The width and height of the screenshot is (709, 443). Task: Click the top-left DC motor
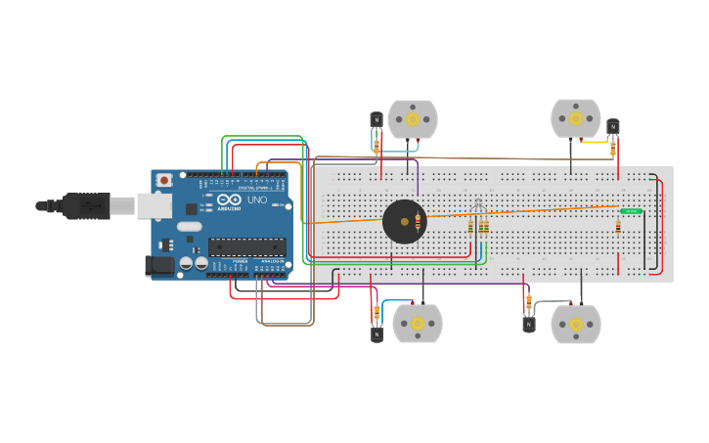[x=413, y=119]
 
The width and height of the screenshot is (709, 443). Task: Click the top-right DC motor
[x=575, y=118]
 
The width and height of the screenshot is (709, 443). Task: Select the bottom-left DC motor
[x=418, y=324]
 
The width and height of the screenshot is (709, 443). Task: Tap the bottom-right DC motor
[x=575, y=325]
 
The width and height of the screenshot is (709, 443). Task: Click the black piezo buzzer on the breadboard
[x=404, y=222]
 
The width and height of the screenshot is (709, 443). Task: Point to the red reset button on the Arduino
[x=164, y=180]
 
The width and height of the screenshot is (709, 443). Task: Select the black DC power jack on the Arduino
[x=159, y=265]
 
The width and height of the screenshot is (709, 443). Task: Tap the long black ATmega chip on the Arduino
[x=246, y=247]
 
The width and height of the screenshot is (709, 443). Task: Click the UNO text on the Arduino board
[x=256, y=199]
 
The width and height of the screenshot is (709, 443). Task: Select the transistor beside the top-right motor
[x=613, y=126]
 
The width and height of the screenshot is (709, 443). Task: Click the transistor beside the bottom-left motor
[x=377, y=333]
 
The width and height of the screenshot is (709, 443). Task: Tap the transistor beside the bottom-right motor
[x=529, y=324]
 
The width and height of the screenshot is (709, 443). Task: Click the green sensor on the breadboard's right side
[x=631, y=210]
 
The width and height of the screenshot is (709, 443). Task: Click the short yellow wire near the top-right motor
[x=594, y=142]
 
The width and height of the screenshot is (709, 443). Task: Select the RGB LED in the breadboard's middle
[x=478, y=206]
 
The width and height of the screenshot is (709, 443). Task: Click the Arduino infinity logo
[x=228, y=199]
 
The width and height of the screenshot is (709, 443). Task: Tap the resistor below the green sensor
[x=618, y=226]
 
